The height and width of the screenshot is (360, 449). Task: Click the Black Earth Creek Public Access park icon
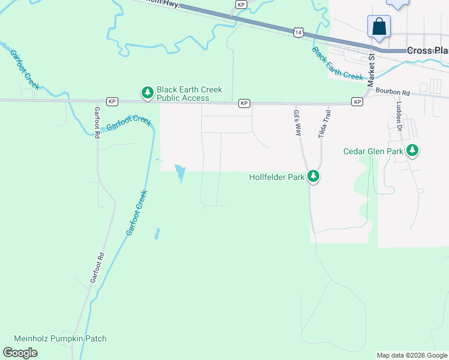pos(147,92)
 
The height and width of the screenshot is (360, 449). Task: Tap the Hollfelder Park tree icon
pos(313,176)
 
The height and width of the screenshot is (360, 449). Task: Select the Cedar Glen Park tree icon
pos(412,151)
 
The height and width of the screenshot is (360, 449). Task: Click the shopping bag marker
pos(379,27)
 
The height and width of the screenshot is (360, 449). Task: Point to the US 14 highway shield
pos(298,32)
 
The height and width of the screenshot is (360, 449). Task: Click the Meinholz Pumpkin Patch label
pos(60,339)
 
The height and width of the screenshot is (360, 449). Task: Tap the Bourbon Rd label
pos(393,93)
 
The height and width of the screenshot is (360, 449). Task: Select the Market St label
pos(372,69)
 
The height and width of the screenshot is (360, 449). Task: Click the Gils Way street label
pos(297,122)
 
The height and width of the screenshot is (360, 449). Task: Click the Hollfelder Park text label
pos(277,177)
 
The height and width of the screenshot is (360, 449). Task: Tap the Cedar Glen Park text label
pos(373,151)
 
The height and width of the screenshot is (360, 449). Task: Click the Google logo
pos(20,353)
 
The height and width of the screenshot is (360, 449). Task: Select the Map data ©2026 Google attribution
pos(412,355)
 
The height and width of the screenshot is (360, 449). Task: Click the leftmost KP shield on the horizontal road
pos(112,101)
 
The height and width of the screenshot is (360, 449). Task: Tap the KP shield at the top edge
pos(241,4)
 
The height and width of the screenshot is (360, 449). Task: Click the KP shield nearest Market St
pos(357,102)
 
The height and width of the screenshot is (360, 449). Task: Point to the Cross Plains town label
pos(427,51)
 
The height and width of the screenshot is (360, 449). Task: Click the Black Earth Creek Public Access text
pos(189,94)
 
